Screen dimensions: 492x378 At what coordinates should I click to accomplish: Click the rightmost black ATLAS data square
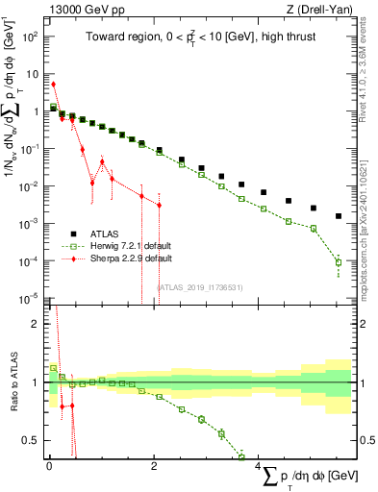(x=338, y=216)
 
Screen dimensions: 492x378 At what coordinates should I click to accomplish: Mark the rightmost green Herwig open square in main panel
(x=338, y=261)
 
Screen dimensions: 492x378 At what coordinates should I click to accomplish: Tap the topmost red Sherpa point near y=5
(x=53, y=85)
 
